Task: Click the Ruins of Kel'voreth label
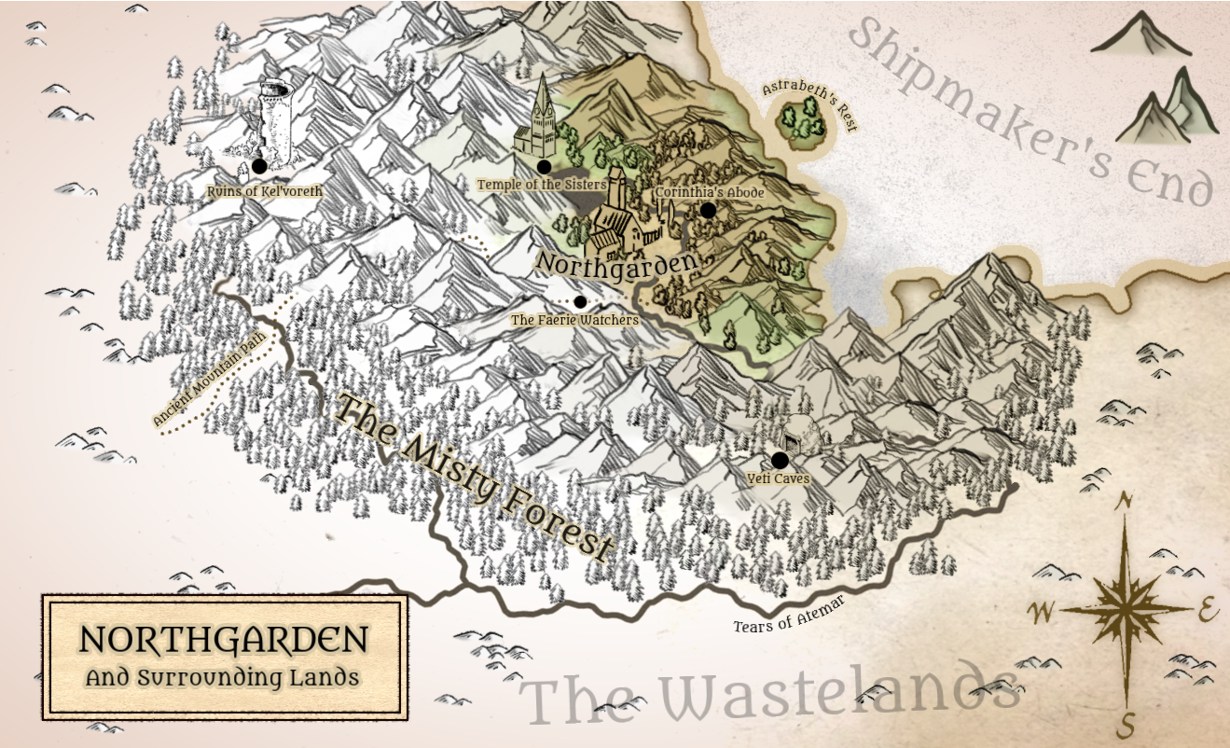[266, 191]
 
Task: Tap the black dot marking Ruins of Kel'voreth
[259, 166]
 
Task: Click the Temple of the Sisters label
[542, 185]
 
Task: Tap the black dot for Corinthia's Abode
[708, 211]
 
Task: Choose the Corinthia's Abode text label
[710, 192]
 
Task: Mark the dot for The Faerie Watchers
[580, 301]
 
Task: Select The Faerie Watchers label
[574, 320]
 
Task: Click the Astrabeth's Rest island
[804, 122]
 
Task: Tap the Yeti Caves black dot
[780, 460]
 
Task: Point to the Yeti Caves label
[779, 478]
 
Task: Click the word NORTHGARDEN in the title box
[223, 640]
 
